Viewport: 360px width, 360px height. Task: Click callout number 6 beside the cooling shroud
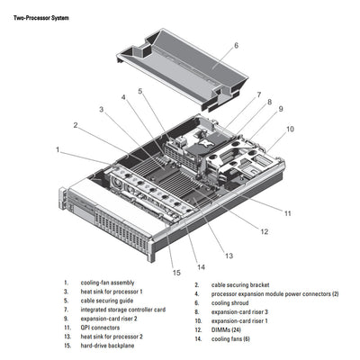(x=236, y=44)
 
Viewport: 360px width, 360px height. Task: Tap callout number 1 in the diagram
(x=57, y=149)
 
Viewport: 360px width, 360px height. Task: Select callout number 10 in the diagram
(x=289, y=129)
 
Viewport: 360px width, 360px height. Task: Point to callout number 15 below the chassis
(x=176, y=273)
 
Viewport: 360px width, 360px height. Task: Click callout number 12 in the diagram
(x=264, y=231)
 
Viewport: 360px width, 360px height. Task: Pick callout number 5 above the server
(x=140, y=91)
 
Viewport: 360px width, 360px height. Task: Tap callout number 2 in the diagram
(x=76, y=125)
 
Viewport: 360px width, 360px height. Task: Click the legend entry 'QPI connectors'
(x=101, y=328)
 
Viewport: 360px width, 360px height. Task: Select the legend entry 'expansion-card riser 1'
(x=238, y=319)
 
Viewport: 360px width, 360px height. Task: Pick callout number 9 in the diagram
(x=281, y=109)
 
